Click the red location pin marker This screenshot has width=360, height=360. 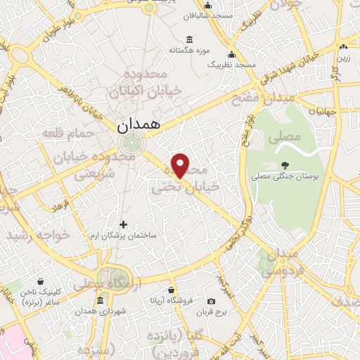[x=181, y=166]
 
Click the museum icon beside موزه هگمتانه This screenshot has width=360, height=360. [x=189, y=39]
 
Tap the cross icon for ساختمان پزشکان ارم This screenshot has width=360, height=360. [x=124, y=224]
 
